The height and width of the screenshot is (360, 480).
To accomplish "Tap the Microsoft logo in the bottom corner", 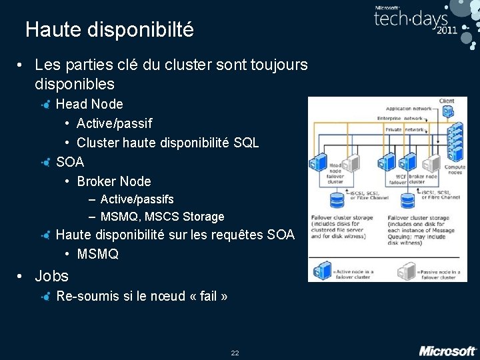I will click(x=447, y=351).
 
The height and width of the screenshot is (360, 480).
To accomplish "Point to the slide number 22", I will click(x=235, y=353).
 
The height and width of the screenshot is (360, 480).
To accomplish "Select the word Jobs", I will click(x=51, y=276).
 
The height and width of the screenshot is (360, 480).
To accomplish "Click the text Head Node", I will click(x=89, y=104).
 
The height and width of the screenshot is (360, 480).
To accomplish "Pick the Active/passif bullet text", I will click(x=114, y=123).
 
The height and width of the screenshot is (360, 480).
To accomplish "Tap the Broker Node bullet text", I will click(x=114, y=181).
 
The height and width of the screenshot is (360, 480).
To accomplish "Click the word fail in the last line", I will click(x=209, y=296).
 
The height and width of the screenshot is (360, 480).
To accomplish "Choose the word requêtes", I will click(x=236, y=235).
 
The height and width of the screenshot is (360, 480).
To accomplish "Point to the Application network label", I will click(x=408, y=109).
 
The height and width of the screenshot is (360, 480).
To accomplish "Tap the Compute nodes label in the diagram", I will click(x=455, y=170).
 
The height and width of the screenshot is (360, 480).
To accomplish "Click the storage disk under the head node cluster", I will click(x=338, y=199).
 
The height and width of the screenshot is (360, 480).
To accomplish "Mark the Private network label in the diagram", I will click(x=405, y=130).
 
